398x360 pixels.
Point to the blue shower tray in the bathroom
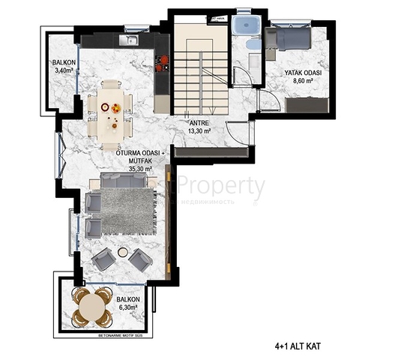[244, 26]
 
